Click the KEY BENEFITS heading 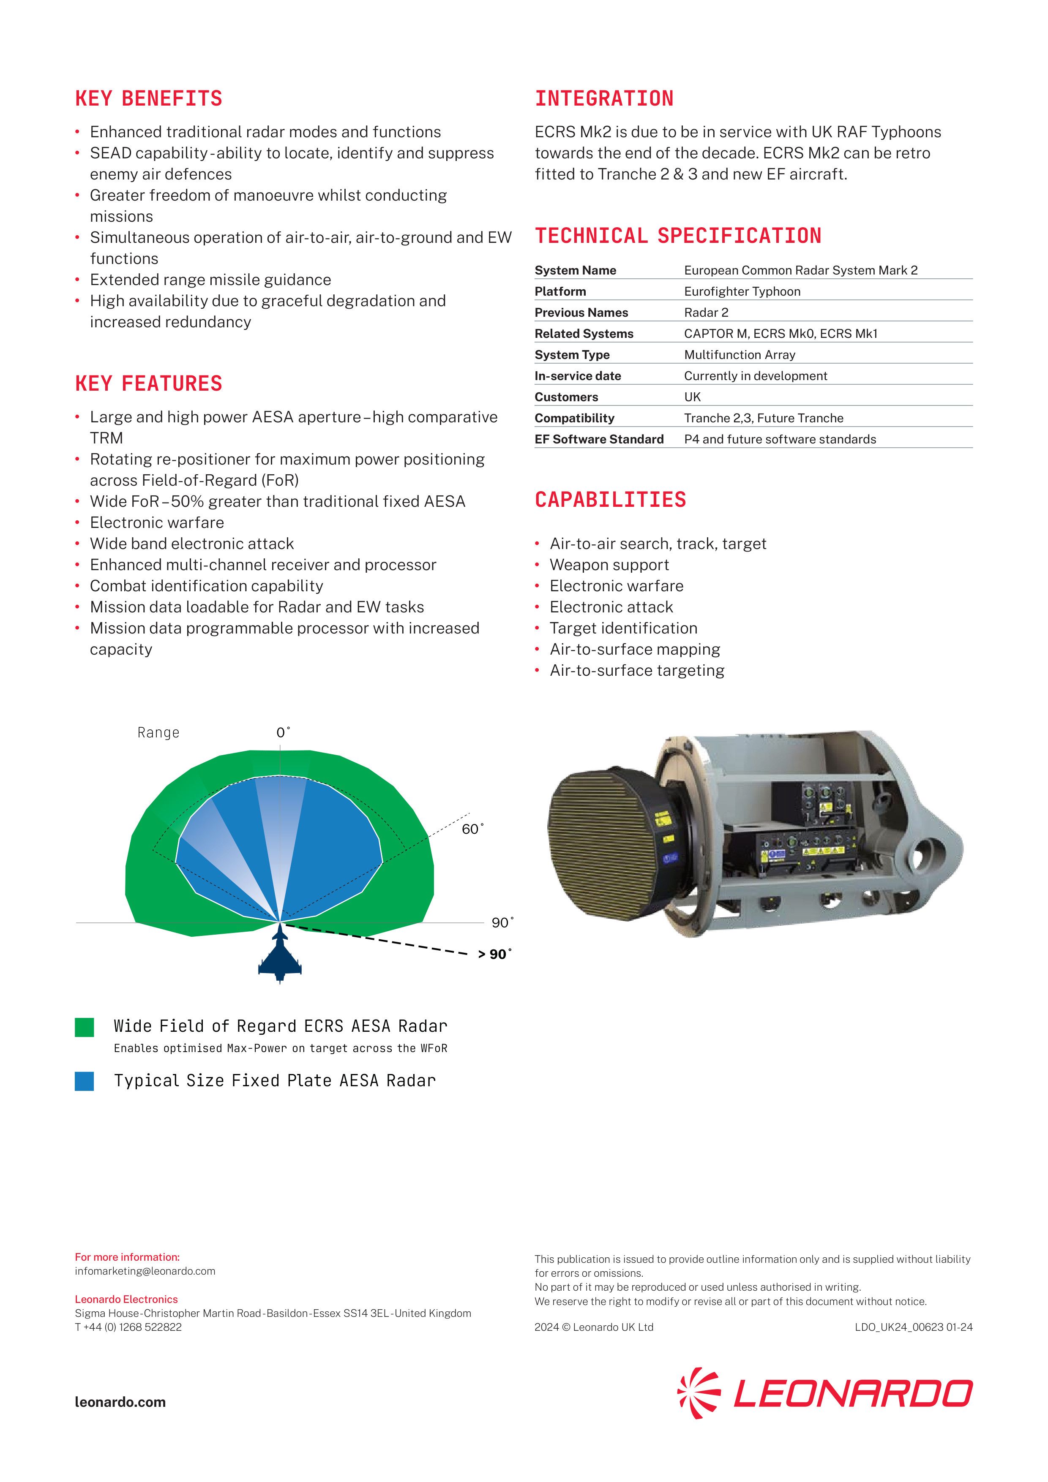[x=148, y=99]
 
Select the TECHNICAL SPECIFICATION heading [x=677, y=236]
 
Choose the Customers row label [x=566, y=397]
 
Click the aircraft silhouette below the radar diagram [x=280, y=957]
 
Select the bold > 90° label [x=494, y=954]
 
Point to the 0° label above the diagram [x=283, y=733]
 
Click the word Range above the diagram [x=158, y=733]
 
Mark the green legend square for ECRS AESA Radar [x=85, y=1027]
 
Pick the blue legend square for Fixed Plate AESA [x=85, y=1081]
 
